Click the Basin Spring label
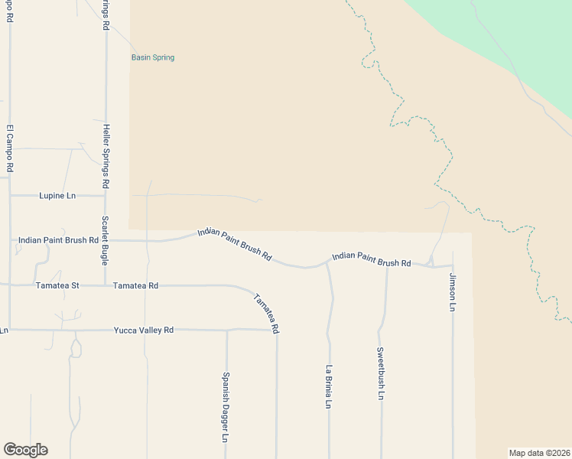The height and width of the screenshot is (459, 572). (x=153, y=57)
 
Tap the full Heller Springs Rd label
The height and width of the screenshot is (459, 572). (x=106, y=157)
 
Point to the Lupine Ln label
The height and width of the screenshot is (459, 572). (x=57, y=196)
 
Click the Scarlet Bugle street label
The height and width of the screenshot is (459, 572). (x=106, y=240)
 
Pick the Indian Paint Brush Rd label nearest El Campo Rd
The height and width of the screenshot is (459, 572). (x=59, y=240)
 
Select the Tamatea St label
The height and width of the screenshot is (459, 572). (x=57, y=286)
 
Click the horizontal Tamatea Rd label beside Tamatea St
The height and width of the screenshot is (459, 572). (x=135, y=286)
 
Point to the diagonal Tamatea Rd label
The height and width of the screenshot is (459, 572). (x=266, y=314)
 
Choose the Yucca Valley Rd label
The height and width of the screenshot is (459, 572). (x=144, y=330)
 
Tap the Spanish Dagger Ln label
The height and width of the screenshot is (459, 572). (x=226, y=408)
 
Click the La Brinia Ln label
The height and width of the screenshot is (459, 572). (x=329, y=386)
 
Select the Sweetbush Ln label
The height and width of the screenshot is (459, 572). (x=380, y=374)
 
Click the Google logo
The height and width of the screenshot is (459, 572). (x=25, y=450)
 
